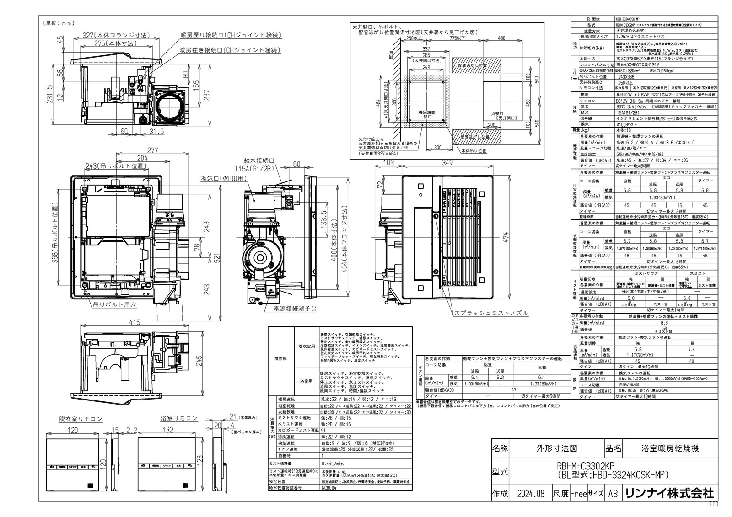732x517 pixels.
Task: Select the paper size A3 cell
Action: click(614, 494)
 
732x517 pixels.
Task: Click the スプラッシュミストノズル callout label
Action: click(491, 313)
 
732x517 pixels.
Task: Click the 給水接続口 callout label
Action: click(259, 161)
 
